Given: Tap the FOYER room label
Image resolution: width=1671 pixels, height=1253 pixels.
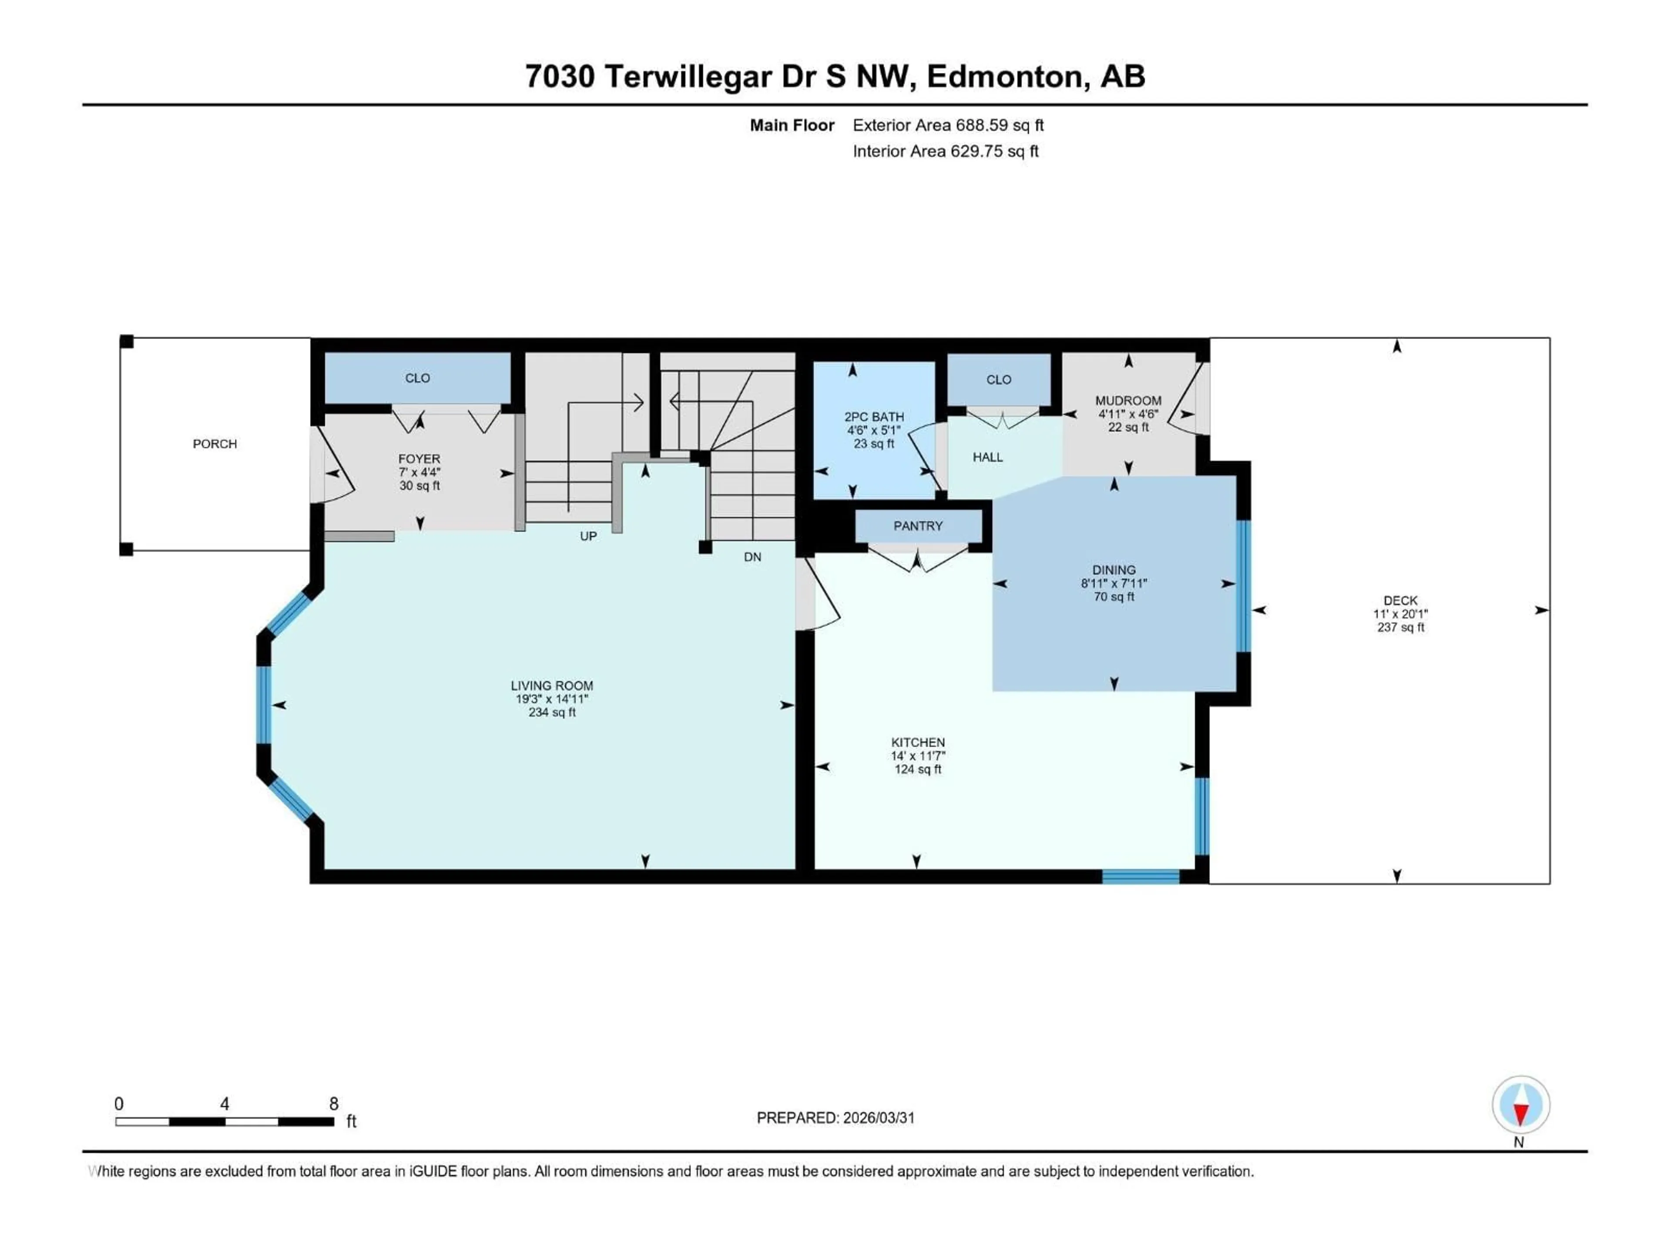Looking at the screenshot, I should coord(419,459).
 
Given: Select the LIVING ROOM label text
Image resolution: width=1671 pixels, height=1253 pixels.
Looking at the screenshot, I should coord(551,686).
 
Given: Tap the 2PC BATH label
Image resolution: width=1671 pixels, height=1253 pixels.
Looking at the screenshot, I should coord(874,417).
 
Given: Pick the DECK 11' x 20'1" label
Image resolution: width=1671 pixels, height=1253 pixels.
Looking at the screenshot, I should coord(1401,614).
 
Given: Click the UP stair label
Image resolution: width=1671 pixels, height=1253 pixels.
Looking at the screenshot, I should coord(588,536).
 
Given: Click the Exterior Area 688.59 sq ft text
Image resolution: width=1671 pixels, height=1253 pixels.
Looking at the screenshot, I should coord(948,125).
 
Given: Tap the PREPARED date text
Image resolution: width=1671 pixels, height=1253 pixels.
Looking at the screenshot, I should coord(835,1118).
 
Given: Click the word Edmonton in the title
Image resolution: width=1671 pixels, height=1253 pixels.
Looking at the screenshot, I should coord(1008,76).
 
